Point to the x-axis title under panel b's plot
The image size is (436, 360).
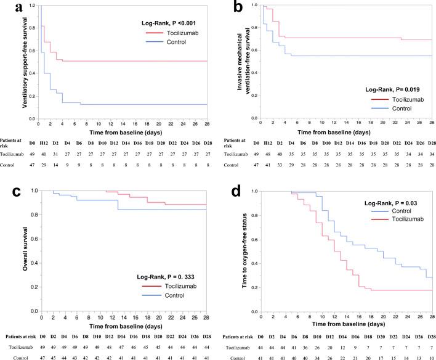(333, 133)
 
